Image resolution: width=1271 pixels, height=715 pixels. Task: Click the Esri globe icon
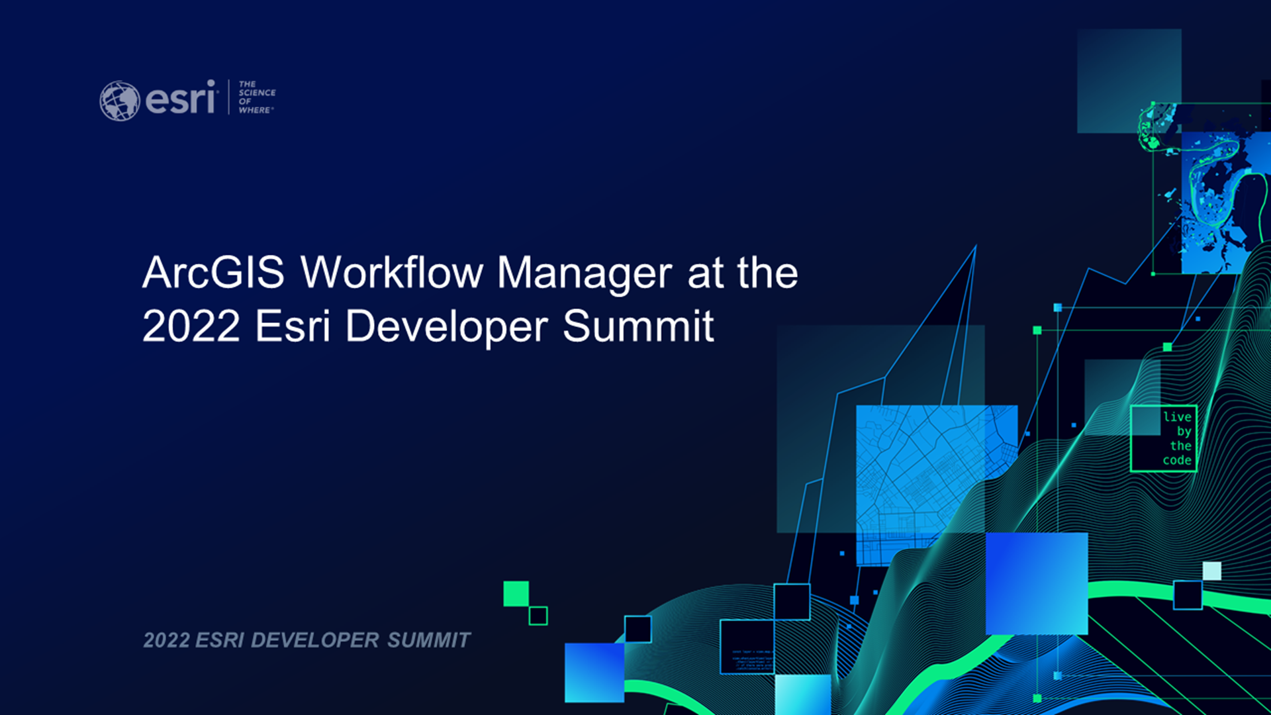119,101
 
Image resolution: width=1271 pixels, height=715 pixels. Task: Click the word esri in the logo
181,98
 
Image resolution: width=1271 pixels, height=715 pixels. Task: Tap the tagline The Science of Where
257,97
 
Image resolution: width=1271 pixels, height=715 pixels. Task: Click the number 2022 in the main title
191,326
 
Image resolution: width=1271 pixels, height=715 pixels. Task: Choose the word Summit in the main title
638,326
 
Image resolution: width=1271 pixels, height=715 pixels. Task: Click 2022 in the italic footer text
166,640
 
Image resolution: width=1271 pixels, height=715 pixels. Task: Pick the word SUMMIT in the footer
428,640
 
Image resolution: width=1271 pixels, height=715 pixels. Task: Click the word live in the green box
1177,417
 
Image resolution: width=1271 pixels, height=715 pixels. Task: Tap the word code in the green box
1177,460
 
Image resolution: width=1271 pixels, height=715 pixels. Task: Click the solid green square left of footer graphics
516,594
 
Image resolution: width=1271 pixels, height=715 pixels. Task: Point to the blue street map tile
936,485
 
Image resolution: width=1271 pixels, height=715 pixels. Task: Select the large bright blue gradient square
1037,583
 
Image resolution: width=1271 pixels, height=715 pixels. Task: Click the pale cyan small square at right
1211,571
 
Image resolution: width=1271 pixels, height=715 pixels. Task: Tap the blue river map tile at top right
1225,202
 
